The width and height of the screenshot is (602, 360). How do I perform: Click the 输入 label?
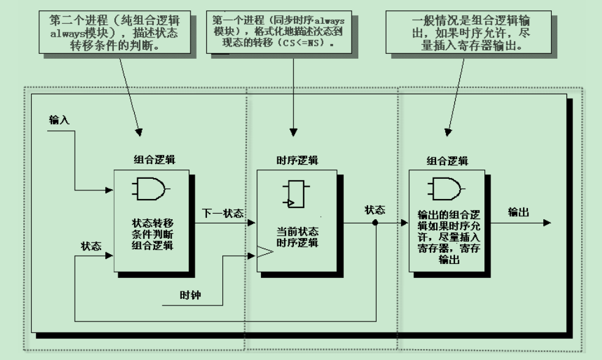click(59, 121)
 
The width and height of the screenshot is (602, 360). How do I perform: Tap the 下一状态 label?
click(223, 214)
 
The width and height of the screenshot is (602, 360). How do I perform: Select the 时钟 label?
click(189, 295)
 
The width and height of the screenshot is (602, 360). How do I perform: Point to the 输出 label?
click(519, 212)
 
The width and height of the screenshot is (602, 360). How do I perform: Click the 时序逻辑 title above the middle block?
click(297, 160)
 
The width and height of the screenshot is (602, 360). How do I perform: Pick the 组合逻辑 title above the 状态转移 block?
click(154, 160)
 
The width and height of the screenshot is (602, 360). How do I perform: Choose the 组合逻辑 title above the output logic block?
click(447, 161)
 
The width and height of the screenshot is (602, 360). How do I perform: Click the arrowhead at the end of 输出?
click(546, 223)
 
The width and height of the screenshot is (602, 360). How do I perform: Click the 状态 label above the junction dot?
click(375, 209)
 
